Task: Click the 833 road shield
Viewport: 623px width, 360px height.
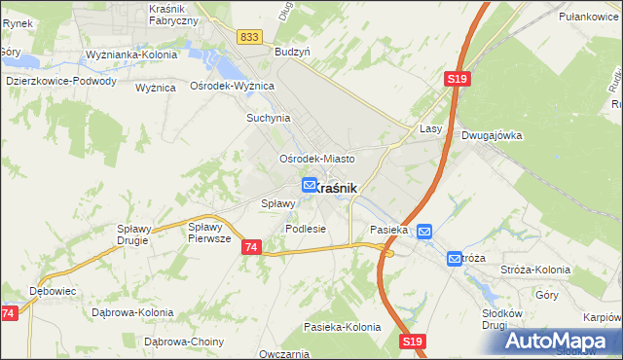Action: tap(249, 36)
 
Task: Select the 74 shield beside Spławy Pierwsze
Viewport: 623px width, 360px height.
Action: tap(251, 248)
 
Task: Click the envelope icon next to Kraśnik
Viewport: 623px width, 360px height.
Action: tap(310, 185)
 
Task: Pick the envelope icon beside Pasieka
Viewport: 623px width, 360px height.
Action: tap(424, 231)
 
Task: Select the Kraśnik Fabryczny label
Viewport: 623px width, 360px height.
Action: tap(174, 14)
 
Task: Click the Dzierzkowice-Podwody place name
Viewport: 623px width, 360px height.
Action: tap(60, 82)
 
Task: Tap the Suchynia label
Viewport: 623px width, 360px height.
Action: tap(269, 118)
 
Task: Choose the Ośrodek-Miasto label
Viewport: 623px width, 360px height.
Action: tap(316, 159)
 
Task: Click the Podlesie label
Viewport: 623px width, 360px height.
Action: tap(305, 229)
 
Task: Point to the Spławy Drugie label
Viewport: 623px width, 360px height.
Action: tap(132, 233)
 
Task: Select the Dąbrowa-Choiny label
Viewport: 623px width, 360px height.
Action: tap(184, 342)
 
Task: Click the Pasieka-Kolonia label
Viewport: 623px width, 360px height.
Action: tap(342, 327)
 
